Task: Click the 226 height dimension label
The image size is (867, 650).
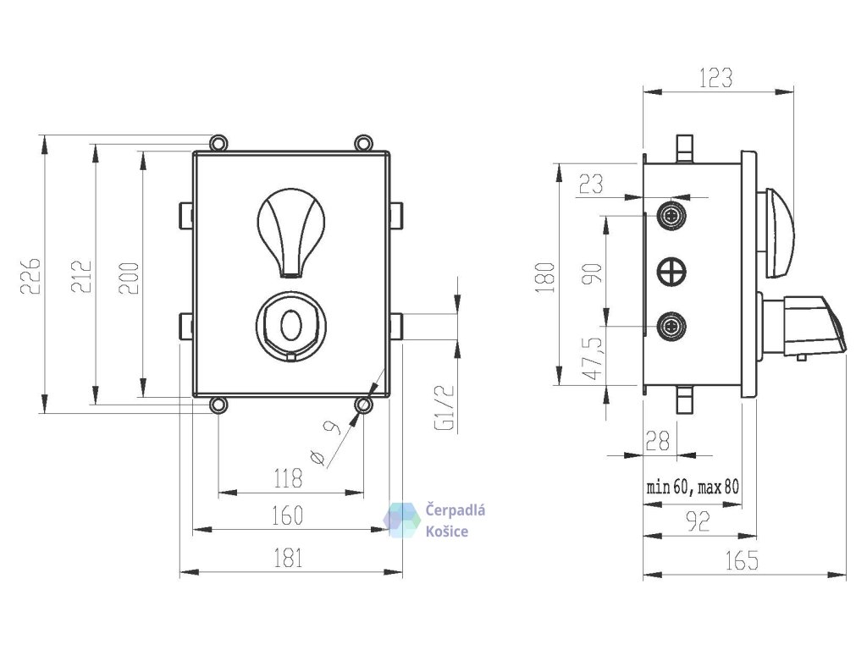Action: click(30, 275)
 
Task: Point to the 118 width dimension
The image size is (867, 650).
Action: click(288, 480)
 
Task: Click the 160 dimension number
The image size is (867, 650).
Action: click(288, 515)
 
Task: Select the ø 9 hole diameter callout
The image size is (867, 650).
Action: click(325, 443)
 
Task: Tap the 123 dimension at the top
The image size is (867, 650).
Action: click(715, 79)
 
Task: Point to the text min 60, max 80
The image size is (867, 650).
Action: click(693, 487)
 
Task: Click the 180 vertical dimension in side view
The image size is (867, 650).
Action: click(545, 276)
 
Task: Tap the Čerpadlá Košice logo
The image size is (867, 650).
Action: click(436, 520)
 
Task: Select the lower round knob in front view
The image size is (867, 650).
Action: click(289, 324)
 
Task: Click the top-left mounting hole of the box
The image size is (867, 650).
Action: click(218, 142)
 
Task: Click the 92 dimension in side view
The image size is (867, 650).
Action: click(697, 521)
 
